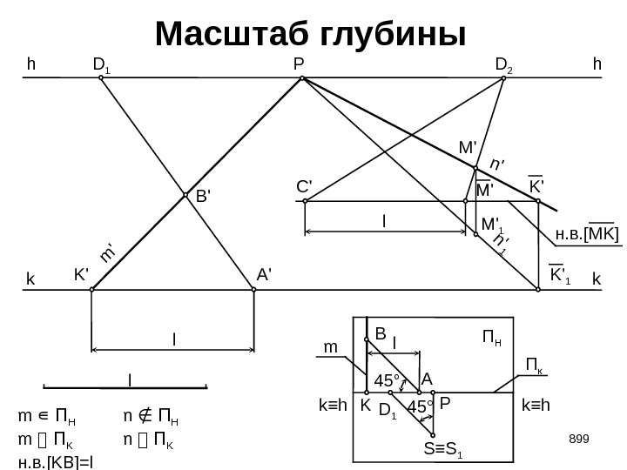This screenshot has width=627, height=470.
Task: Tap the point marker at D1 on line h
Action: (x=101, y=77)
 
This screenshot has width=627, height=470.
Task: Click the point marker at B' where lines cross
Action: (x=185, y=196)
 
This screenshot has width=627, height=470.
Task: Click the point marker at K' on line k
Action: (x=92, y=290)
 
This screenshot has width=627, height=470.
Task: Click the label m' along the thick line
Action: (x=109, y=252)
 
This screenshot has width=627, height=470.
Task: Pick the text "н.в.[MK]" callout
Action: (x=586, y=233)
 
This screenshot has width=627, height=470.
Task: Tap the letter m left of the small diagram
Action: (x=330, y=347)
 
